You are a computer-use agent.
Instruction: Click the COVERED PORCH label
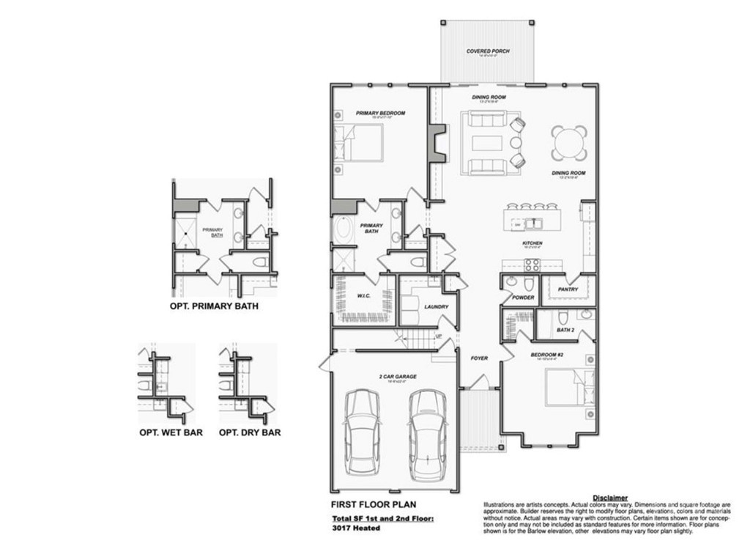pyautogui.click(x=488, y=51)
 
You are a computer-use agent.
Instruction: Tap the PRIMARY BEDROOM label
pyautogui.click(x=380, y=113)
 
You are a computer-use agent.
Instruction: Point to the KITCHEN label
pyautogui.click(x=532, y=243)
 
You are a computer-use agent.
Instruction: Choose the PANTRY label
pyautogui.click(x=568, y=290)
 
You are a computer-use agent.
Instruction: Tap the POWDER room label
pyautogui.click(x=523, y=298)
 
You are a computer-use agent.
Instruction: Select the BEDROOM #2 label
pyautogui.click(x=546, y=355)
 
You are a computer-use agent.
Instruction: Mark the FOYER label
pyautogui.click(x=480, y=358)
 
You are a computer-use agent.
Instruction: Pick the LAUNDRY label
pyautogui.click(x=436, y=307)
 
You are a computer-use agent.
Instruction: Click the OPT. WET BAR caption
pyautogui.click(x=171, y=432)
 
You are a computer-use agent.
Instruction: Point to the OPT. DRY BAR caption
pyautogui.click(x=249, y=432)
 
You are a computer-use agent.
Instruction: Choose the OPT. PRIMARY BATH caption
pyautogui.click(x=213, y=305)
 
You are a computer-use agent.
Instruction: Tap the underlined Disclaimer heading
pyautogui.click(x=609, y=498)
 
